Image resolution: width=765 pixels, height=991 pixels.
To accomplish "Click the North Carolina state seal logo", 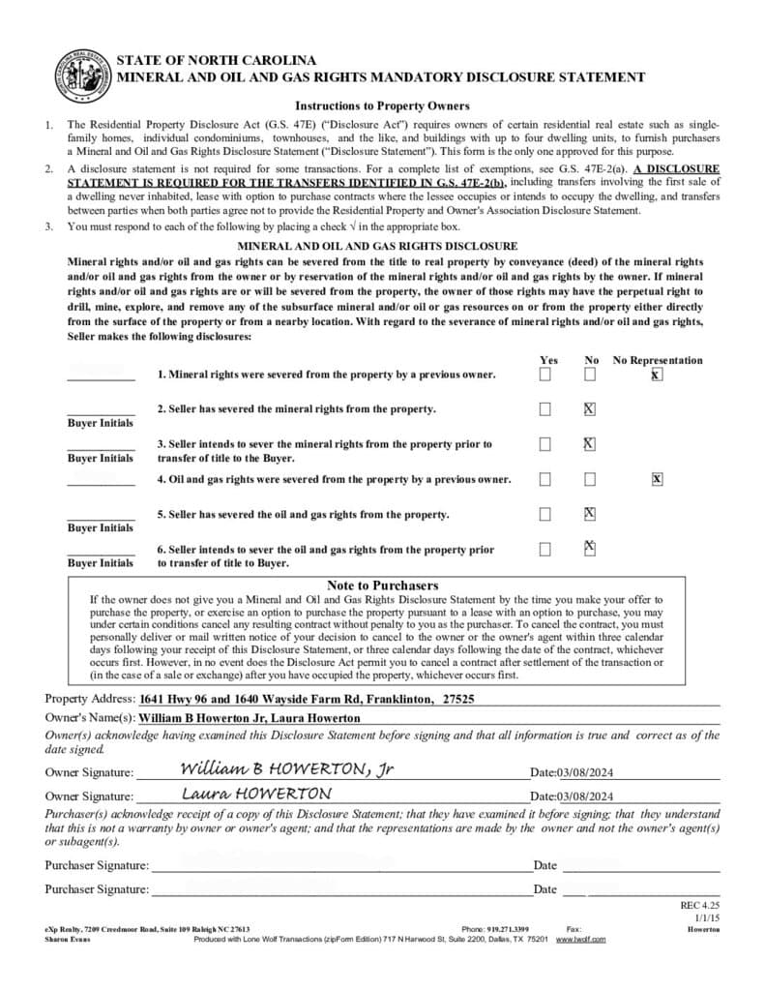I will tap(84, 75).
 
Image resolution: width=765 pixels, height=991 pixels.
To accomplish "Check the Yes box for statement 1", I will tap(545, 374).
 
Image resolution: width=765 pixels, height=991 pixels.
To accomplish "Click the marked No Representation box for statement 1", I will tap(657, 374).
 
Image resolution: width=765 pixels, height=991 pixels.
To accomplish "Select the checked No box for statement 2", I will tap(590, 409).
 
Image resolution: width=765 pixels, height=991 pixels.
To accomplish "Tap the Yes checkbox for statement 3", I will tap(545, 444).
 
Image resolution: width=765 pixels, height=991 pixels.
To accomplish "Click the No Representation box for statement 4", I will tap(658, 479).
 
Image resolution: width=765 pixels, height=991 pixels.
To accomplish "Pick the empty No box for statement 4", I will tap(590, 479).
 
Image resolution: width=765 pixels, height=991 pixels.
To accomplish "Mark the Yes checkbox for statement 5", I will tap(545, 514).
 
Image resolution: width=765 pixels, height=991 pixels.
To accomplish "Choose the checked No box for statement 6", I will tap(590, 549).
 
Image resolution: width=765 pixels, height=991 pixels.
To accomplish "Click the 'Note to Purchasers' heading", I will tap(382, 586).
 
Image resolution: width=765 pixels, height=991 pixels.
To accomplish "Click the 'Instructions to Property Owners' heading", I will tap(382, 106).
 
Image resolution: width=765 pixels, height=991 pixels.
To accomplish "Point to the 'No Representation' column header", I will tap(658, 360).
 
